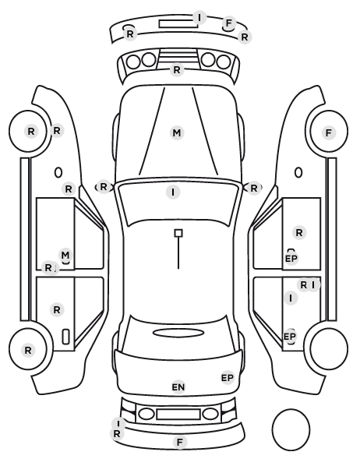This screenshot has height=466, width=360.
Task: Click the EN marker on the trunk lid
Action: [x=178, y=387]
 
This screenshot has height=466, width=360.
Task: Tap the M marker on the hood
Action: [x=177, y=132]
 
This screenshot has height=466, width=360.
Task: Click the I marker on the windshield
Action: [x=173, y=192]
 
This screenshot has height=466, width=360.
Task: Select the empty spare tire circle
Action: [x=291, y=429]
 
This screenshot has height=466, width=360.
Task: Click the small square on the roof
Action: [x=178, y=233]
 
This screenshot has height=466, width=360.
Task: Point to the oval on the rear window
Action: [x=178, y=333]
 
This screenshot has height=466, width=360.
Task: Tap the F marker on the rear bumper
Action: [x=179, y=442]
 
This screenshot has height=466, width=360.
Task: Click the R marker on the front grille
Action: [x=177, y=70]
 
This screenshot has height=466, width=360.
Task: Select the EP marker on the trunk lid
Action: [x=228, y=378]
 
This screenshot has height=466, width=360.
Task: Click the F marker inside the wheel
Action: [x=329, y=132]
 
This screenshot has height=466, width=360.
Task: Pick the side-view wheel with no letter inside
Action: [x=329, y=348]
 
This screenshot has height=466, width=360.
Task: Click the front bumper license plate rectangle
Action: [x=178, y=24]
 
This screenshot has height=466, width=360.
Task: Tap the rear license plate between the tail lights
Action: [x=178, y=414]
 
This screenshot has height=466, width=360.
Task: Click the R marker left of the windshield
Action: [x=103, y=187]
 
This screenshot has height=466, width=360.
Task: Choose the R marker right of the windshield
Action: [x=253, y=188]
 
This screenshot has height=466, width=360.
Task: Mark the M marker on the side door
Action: [x=65, y=255]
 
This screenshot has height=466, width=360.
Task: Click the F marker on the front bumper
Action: [x=228, y=23]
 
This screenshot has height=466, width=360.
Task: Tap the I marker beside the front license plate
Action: [x=199, y=17]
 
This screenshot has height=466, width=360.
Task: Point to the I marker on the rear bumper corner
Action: [x=118, y=423]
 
